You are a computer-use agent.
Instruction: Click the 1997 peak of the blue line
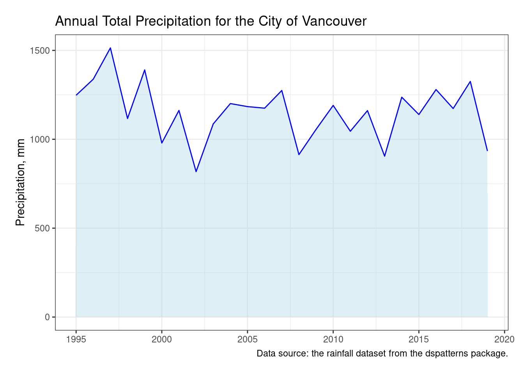point(110,48)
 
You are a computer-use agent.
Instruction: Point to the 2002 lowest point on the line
point(196,171)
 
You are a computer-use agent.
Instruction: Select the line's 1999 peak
point(145,70)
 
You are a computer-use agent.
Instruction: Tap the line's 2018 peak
point(470,81)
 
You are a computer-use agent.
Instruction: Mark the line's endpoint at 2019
point(487,150)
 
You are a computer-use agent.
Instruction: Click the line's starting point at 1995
point(76,95)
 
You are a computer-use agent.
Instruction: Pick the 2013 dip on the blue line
point(384,156)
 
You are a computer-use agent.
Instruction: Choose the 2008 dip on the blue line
point(299,155)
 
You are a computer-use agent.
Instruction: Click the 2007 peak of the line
point(281,90)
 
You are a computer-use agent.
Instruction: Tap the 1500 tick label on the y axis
point(40,51)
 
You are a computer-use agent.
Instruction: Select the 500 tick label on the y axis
point(42,228)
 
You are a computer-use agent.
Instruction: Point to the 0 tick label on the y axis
point(47,317)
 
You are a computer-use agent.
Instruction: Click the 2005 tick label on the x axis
point(247,339)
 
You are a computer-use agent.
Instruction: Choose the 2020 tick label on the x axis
point(505,339)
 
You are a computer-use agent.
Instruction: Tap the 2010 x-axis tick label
point(333,339)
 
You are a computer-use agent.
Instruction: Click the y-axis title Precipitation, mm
point(20,182)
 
